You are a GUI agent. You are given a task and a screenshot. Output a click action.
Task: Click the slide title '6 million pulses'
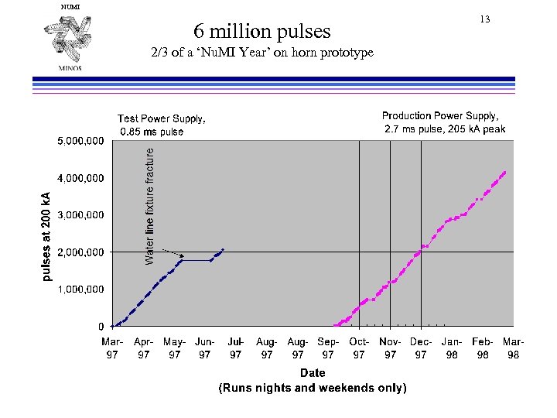coord(262,31)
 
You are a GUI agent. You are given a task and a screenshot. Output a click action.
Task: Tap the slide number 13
coord(486,19)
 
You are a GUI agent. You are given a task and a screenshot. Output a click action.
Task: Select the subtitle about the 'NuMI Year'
coord(261,53)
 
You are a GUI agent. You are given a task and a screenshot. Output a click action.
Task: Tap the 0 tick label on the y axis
coord(101,327)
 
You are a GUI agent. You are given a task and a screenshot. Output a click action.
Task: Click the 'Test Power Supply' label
coord(162,125)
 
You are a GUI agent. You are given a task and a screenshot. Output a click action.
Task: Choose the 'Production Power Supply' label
coord(445,122)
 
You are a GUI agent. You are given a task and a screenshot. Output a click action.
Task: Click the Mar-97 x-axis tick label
coord(113,348)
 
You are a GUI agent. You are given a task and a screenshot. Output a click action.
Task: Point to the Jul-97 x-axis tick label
coord(236,348)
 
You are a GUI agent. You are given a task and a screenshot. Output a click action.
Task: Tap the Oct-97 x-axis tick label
coord(359,348)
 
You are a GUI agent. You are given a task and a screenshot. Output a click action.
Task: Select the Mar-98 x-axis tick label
coord(513,348)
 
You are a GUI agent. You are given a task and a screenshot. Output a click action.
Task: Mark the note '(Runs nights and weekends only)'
coord(313,388)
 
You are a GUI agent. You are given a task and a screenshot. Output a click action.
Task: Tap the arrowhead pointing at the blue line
coord(181,255)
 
